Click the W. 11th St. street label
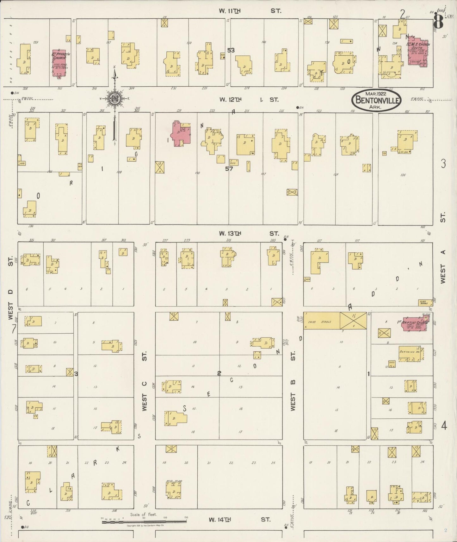pos(250,11)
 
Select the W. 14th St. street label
pos(239,519)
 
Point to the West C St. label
pos(145,381)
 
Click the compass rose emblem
pos(114,99)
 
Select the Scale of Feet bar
pos(144,521)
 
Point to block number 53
pos(231,50)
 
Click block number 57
pos(229,169)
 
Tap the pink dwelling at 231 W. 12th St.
pos(180,134)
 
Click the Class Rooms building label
pos(425,302)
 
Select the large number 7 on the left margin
pos(14,330)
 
